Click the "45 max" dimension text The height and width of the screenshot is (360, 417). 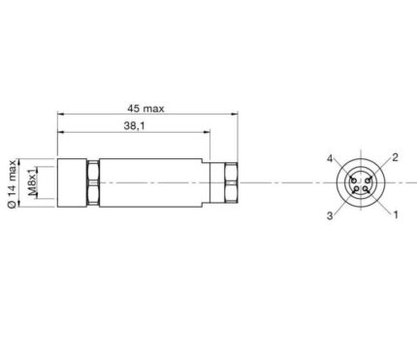click(145, 109)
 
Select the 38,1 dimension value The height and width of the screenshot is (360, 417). click(135, 126)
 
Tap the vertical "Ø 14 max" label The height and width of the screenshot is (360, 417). click(12, 183)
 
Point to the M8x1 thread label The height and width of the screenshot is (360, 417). click(32, 182)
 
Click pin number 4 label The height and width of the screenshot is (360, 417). click(330, 158)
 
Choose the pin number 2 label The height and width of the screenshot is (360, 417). click(395, 157)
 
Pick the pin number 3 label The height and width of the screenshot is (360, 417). click(330, 215)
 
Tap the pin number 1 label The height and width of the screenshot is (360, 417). click(396, 214)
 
